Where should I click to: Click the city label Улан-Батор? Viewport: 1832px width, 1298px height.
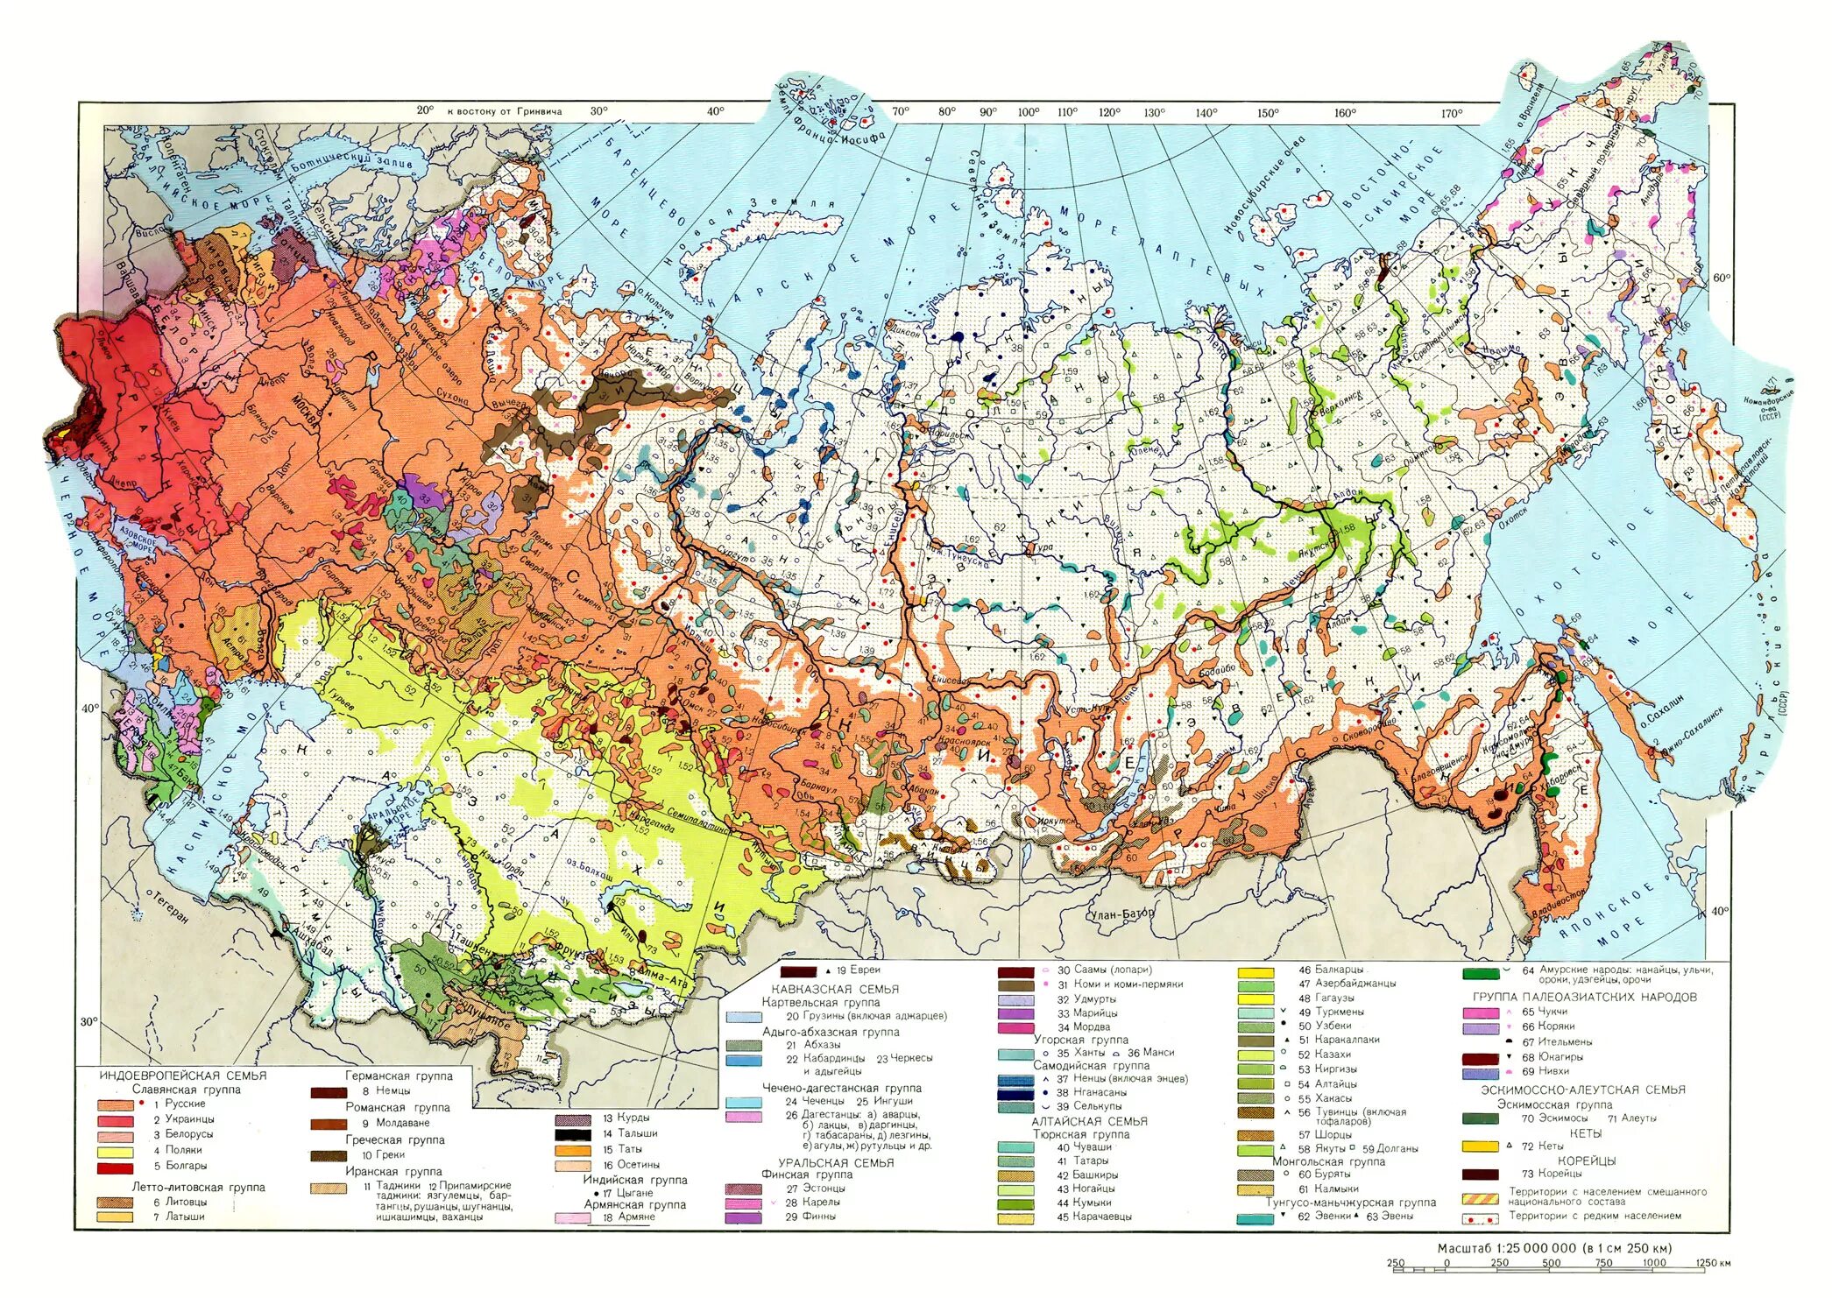pyautogui.click(x=1122, y=914)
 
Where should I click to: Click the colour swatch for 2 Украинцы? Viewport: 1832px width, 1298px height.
pyautogui.click(x=115, y=1120)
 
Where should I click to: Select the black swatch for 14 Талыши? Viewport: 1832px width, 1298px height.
pyautogui.click(x=573, y=1133)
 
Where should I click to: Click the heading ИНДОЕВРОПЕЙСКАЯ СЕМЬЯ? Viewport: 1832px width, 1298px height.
pyautogui.click(x=183, y=1076)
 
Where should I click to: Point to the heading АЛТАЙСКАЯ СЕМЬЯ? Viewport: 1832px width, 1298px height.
pyautogui.click(x=1089, y=1121)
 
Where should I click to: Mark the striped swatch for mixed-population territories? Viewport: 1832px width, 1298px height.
pyautogui.click(x=1480, y=1198)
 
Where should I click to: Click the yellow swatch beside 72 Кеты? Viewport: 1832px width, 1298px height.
pyautogui.click(x=1480, y=1146)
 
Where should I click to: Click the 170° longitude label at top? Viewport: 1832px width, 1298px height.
pyautogui.click(x=1452, y=113)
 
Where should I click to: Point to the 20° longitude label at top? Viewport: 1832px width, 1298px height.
pyautogui.click(x=425, y=110)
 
